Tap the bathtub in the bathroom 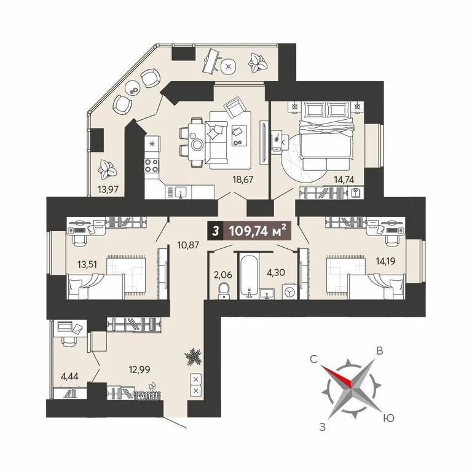(x=250, y=275)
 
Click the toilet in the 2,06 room (x=224, y=289)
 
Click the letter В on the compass (x=380, y=351)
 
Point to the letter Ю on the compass (x=388, y=417)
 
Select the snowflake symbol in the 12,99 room (x=194, y=356)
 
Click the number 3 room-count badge (x=214, y=232)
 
